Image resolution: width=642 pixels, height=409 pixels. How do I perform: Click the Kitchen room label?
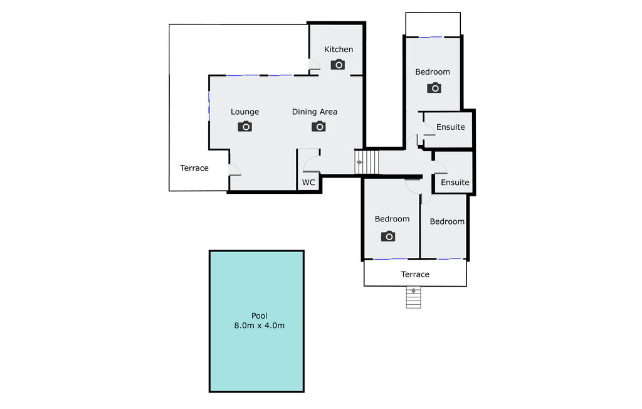click(339, 50)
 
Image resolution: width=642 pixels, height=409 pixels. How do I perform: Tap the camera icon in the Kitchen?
click(338, 65)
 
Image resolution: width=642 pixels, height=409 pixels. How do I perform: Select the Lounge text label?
click(245, 112)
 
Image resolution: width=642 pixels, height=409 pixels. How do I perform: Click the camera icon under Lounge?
click(245, 127)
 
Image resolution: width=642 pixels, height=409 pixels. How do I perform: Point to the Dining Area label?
click(315, 112)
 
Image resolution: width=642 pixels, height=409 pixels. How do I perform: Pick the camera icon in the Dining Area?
click(319, 127)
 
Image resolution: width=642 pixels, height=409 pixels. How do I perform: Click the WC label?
click(308, 183)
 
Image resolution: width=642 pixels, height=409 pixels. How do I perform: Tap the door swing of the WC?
click(310, 164)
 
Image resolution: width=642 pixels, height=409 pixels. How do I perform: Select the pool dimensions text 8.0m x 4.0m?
click(260, 326)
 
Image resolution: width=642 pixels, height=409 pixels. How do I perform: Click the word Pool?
click(260, 316)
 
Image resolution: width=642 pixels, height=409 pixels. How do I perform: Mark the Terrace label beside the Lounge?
click(194, 168)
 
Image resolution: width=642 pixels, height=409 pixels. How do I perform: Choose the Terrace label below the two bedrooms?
click(415, 274)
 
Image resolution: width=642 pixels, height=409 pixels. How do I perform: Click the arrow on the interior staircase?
click(359, 162)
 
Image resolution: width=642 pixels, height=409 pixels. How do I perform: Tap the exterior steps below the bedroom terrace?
click(413, 298)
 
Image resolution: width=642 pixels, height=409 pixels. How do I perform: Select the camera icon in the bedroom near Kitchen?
click(434, 88)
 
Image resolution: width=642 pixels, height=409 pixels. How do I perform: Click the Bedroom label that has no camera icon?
click(447, 221)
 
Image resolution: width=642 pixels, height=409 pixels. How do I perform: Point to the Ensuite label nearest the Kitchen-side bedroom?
click(451, 127)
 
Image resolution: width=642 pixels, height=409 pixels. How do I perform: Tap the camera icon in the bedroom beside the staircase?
click(389, 236)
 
